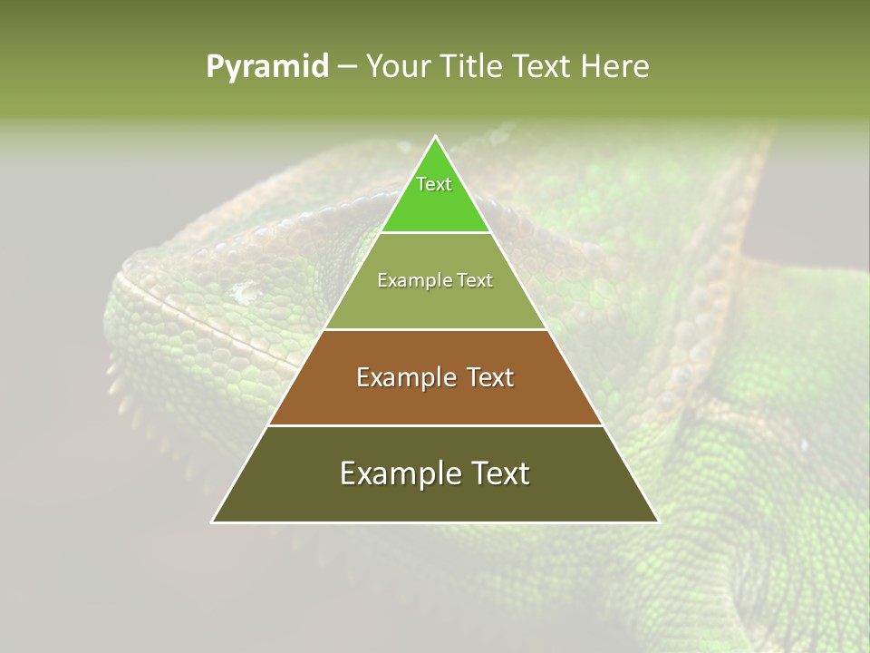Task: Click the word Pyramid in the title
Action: point(267,67)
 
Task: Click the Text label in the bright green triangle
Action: point(434,184)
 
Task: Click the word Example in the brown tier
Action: point(403,377)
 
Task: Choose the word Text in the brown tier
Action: point(488,377)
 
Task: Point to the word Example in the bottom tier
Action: point(397,473)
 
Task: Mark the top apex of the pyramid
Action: point(435,137)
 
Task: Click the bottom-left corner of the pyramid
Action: point(213,521)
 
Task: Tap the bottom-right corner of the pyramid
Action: point(657,521)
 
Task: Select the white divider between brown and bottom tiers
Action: point(435,425)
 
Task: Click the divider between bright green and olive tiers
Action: point(435,232)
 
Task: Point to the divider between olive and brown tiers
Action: point(435,329)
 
